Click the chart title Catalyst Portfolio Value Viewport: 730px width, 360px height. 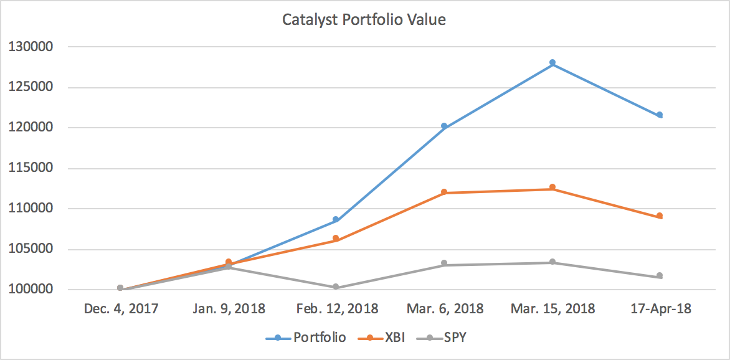click(x=364, y=20)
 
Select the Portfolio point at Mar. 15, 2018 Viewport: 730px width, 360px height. click(x=552, y=63)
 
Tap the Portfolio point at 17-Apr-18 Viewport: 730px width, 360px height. click(x=660, y=115)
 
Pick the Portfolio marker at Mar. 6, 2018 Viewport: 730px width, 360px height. click(x=444, y=126)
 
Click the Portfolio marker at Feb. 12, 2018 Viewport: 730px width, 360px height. click(x=336, y=220)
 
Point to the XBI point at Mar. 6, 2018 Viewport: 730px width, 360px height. click(x=444, y=192)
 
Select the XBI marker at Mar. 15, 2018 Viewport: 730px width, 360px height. click(x=552, y=187)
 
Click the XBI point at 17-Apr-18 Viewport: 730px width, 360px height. click(x=660, y=216)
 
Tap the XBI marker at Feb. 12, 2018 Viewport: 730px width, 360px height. click(x=336, y=239)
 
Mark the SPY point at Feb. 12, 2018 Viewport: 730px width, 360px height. click(x=336, y=287)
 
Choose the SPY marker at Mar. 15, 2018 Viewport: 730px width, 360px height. click(x=552, y=262)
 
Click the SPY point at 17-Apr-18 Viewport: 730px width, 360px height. click(x=660, y=276)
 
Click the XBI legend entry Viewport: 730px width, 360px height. click(x=382, y=338)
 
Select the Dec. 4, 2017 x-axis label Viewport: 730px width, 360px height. click(x=120, y=309)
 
